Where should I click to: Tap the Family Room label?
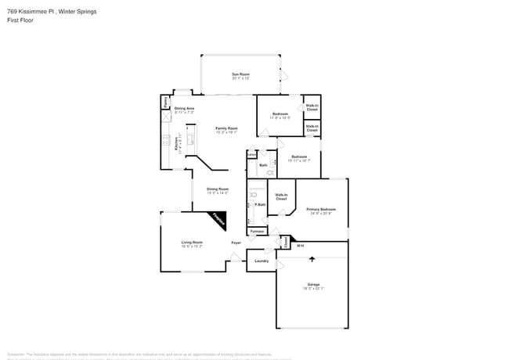(226, 128)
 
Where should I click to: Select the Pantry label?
(166, 102)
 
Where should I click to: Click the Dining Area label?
(185, 108)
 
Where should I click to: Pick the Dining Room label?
(218, 189)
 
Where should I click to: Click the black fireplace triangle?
(219, 219)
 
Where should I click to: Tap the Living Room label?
(192, 243)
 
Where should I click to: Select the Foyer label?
(236, 243)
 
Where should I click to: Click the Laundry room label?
(262, 261)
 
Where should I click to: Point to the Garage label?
(313, 284)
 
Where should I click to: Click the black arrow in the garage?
(312, 258)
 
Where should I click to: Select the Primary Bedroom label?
(321, 209)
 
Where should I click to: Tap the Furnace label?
(257, 232)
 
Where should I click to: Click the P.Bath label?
(260, 204)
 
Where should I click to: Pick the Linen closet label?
(251, 155)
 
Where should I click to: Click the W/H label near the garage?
(300, 246)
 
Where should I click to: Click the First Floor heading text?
(20, 20)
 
